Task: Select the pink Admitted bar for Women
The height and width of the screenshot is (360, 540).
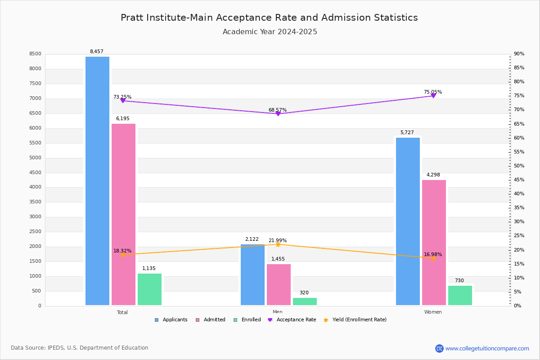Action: point(434,243)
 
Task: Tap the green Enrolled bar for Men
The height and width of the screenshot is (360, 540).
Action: point(305,301)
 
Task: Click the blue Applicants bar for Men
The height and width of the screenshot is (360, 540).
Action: point(252,275)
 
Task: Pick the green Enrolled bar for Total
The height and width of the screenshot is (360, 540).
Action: point(149,289)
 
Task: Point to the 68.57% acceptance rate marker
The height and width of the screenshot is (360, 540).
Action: point(278,114)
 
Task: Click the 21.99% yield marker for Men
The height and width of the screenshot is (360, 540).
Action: point(278,244)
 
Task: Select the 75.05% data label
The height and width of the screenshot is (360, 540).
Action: point(433,92)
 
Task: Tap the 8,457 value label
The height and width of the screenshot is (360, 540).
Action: point(96,51)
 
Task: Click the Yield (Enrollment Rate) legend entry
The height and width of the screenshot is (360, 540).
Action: point(359,319)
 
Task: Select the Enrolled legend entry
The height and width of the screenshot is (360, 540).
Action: point(251,319)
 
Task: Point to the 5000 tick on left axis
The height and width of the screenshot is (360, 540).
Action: point(36,157)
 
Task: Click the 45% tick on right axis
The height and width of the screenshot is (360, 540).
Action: point(519,180)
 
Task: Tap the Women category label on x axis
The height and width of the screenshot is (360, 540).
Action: point(433,312)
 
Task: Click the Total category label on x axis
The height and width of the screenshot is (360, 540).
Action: point(122,312)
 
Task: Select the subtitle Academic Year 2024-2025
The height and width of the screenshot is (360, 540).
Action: point(270,32)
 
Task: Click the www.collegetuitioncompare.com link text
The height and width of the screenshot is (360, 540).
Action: point(487,348)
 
